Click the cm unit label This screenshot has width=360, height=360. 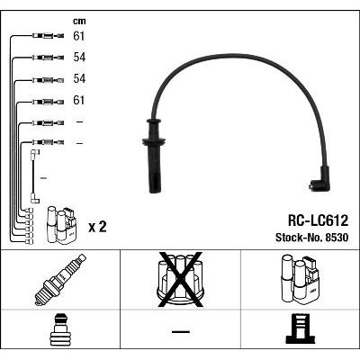(79, 22)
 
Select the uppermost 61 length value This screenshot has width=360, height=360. (79, 36)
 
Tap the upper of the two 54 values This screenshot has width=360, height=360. (79, 58)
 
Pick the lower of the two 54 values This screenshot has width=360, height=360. (79, 78)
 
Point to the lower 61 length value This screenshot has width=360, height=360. (79, 100)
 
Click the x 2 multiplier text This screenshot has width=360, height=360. (97, 227)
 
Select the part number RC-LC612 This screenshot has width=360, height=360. (318, 221)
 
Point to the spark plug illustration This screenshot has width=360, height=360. (60, 279)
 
